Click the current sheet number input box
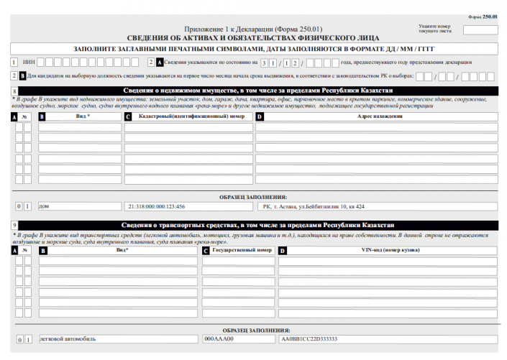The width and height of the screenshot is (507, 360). (480, 30)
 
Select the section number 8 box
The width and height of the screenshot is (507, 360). (15, 91)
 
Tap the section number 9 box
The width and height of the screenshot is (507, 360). (15, 225)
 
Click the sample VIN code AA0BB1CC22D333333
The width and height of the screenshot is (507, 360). (309, 338)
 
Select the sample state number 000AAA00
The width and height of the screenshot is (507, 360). (219, 338)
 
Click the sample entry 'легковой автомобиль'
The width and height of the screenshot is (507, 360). (68, 338)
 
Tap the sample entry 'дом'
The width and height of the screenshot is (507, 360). (44, 206)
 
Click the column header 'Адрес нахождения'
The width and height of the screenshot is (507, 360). (379, 116)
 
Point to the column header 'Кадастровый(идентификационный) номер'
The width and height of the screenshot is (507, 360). (191, 116)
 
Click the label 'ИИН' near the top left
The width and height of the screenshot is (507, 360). (29, 62)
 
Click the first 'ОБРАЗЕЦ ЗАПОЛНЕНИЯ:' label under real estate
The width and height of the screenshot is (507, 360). (253, 195)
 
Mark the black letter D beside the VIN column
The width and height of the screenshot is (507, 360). (283, 251)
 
